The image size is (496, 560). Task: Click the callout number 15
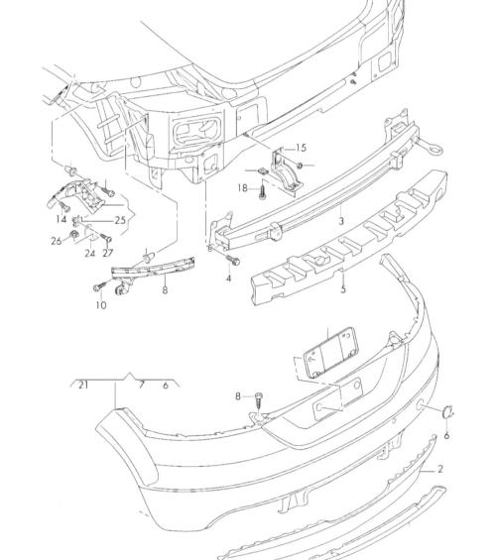click(x=301, y=148)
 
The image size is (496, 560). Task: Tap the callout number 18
click(x=242, y=188)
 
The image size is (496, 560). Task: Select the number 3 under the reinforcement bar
click(x=341, y=221)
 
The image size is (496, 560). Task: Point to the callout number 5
click(x=343, y=288)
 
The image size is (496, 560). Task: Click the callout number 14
click(x=62, y=219)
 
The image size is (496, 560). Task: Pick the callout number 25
click(x=120, y=220)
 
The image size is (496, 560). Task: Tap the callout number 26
click(x=57, y=241)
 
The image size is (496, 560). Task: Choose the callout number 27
click(x=107, y=253)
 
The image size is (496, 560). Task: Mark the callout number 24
click(x=89, y=253)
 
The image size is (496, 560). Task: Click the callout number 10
click(x=101, y=305)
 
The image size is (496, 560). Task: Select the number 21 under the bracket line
click(x=83, y=385)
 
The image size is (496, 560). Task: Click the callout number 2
click(x=440, y=469)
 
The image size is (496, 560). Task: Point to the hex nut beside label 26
click(x=73, y=235)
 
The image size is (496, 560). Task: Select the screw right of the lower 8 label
click(x=260, y=402)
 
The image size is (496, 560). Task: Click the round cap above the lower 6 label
click(x=447, y=411)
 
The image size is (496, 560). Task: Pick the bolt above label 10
click(x=99, y=286)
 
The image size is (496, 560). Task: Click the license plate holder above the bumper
click(x=331, y=352)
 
